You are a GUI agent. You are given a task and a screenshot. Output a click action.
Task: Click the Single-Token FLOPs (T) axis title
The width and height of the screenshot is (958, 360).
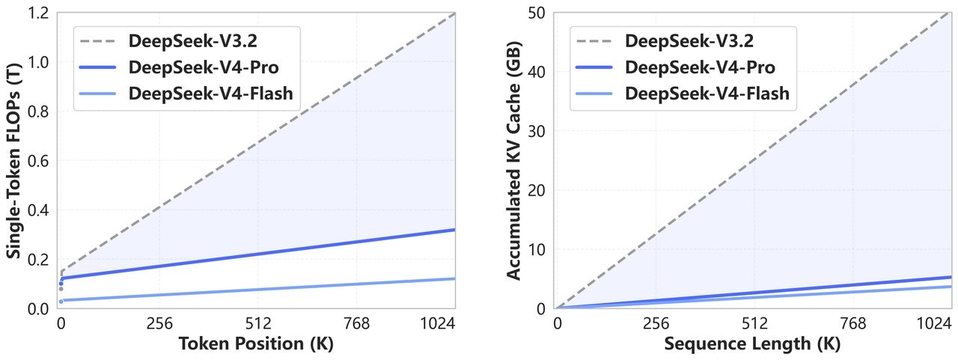pyautogui.click(x=14, y=160)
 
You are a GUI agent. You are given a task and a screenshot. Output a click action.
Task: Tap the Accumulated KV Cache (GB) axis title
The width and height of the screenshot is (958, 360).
pyautogui.click(x=514, y=160)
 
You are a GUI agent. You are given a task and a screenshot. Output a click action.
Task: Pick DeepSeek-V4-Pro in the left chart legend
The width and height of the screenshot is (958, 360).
pyautogui.click(x=204, y=67)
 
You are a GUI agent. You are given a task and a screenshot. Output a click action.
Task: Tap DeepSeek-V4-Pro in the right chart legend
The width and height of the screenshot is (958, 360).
pyautogui.click(x=701, y=67)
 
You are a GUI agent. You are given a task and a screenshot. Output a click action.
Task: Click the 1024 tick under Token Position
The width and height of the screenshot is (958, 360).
pyautogui.click(x=437, y=323)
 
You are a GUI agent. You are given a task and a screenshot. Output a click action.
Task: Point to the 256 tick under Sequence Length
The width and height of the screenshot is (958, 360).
pyautogui.click(x=656, y=323)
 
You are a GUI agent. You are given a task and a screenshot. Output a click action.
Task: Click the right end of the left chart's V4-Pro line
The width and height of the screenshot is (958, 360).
pyautogui.click(x=454, y=230)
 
